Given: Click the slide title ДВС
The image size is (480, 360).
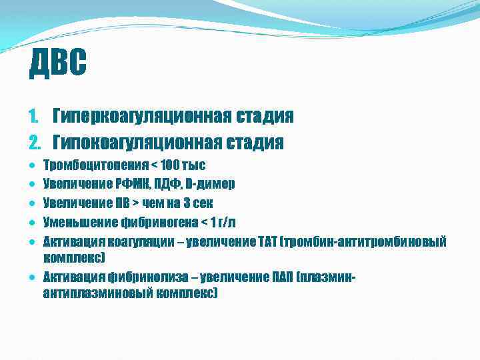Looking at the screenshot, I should click(58, 65).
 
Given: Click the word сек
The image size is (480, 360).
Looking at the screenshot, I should click(201, 203).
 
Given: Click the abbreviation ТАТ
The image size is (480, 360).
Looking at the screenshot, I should click(271, 241).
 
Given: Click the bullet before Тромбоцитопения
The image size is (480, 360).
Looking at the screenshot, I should click(33, 165).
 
